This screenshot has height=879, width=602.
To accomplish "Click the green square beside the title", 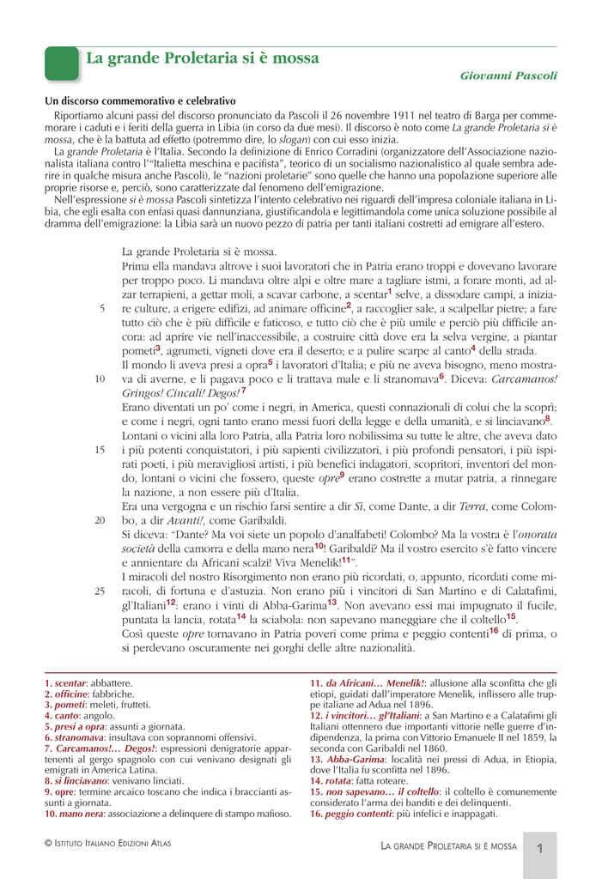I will click(60, 64).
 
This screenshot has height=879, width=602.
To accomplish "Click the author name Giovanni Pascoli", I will click(508, 76).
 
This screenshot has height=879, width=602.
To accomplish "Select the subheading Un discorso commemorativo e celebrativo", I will click(140, 101).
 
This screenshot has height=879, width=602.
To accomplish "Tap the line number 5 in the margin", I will click(101, 308).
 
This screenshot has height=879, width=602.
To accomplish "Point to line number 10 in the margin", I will click(100, 379).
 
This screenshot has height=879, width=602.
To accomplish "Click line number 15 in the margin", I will click(100, 449).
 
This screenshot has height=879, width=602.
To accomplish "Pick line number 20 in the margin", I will click(100, 520).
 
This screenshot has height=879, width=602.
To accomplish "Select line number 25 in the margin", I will click(100, 591).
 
